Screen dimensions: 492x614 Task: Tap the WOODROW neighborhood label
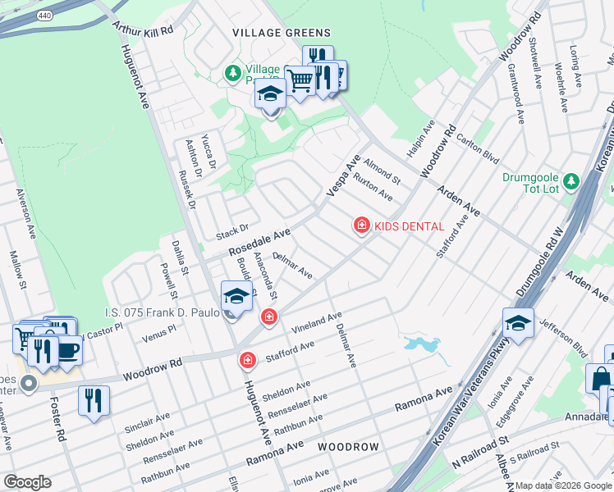point(349,447)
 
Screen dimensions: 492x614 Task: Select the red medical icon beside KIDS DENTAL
point(360,225)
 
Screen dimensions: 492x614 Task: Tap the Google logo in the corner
point(28,481)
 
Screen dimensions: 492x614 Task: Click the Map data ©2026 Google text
point(563,485)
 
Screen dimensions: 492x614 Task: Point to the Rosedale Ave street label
point(259,240)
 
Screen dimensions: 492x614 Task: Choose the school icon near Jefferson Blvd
point(518,323)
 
